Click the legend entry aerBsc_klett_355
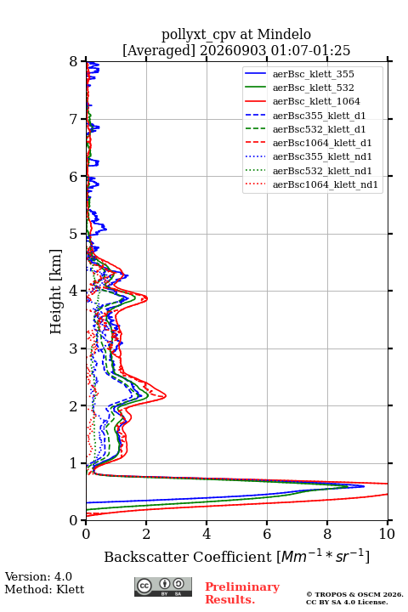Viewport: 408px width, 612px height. [x=313, y=74]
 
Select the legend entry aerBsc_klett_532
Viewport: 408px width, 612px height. [x=313, y=88]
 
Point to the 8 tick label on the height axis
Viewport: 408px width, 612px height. [x=74, y=62]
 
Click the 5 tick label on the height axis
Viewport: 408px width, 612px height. [x=74, y=234]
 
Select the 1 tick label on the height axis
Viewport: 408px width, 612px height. [x=74, y=463]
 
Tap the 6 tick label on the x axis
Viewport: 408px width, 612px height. [x=267, y=534]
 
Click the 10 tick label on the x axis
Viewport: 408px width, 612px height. [x=387, y=534]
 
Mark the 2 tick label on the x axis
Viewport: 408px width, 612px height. [x=146, y=534]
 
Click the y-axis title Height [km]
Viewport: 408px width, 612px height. [x=56, y=292]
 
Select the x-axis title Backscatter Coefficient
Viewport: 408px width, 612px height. [x=187, y=557]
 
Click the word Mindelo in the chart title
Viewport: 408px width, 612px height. [x=284, y=34]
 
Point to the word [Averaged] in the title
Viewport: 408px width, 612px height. [x=158, y=51]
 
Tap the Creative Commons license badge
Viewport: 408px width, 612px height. [x=163, y=586]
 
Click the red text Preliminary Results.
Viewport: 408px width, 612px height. [x=242, y=593]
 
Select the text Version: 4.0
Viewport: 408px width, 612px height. [x=38, y=576]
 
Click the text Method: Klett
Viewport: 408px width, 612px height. [x=44, y=589]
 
